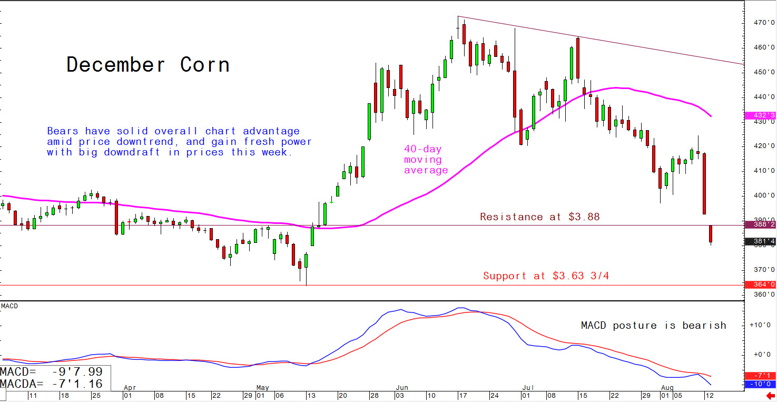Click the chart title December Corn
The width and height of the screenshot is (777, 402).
pos(148,65)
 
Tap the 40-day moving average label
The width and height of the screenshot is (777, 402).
pos(426,160)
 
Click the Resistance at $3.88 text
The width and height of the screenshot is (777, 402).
pos(539,217)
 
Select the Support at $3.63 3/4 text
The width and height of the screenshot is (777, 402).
pos(546,276)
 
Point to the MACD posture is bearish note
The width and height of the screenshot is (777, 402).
pos(653,326)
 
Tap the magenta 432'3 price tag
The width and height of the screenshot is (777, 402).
pos(761,115)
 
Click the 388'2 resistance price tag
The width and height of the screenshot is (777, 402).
pos(761,224)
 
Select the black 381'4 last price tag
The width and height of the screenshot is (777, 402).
pos(761,242)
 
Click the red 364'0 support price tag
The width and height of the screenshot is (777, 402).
pos(761,285)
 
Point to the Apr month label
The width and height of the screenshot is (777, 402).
pos(129,387)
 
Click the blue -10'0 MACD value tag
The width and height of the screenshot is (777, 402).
pos(761,384)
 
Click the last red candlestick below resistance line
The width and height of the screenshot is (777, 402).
pos(711,234)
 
